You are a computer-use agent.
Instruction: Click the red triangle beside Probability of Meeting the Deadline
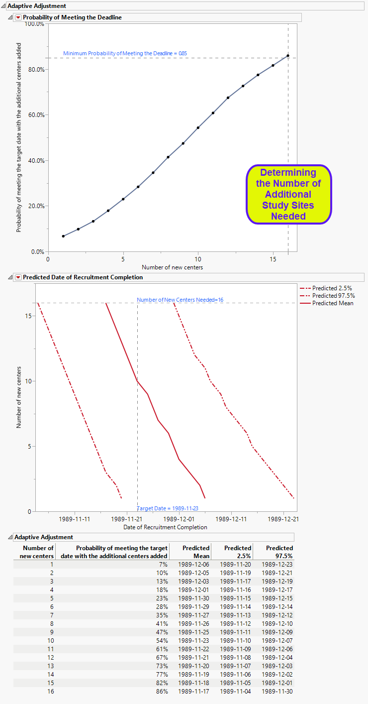(x=18, y=17)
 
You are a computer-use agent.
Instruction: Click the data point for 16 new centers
(x=288, y=56)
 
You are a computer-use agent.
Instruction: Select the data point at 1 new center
(x=63, y=236)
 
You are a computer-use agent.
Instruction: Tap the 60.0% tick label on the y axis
(x=36, y=115)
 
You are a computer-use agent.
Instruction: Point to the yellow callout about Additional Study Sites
(x=288, y=194)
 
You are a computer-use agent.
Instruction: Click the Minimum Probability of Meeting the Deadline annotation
(x=125, y=53)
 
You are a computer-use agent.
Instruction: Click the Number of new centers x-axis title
(x=172, y=267)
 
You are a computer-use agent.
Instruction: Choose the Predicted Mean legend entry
(x=333, y=303)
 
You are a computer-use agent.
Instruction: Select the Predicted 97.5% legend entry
(x=333, y=296)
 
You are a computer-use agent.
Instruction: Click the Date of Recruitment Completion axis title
(x=172, y=527)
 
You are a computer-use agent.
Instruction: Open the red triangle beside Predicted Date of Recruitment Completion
(x=18, y=277)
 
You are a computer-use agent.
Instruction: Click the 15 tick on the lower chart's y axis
(x=29, y=316)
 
